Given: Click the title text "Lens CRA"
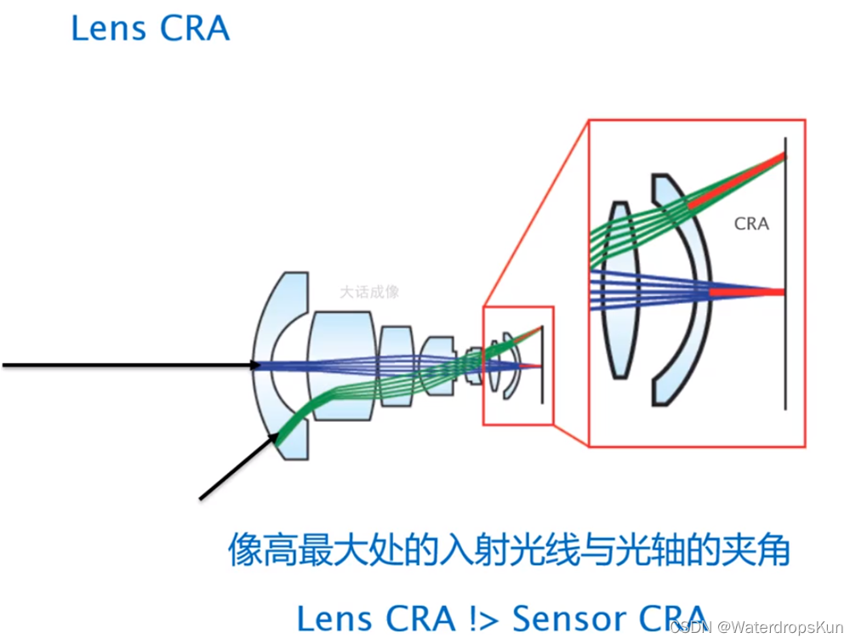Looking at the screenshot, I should pyautogui.click(x=150, y=28).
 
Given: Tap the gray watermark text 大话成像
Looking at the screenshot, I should pyautogui.click(x=369, y=292).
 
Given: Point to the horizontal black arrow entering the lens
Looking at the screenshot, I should pyautogui.click(x=128, y=365).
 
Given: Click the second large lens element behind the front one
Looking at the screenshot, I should pyautogui.click(x=343, y=365).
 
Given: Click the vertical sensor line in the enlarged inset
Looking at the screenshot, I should pyautogui.click(x=785, y=357).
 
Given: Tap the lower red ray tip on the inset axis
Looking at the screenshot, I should pyautogui.click(x=749, y=292).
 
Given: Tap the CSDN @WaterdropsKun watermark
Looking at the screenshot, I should pyautogui.click(x=755, y=627).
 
